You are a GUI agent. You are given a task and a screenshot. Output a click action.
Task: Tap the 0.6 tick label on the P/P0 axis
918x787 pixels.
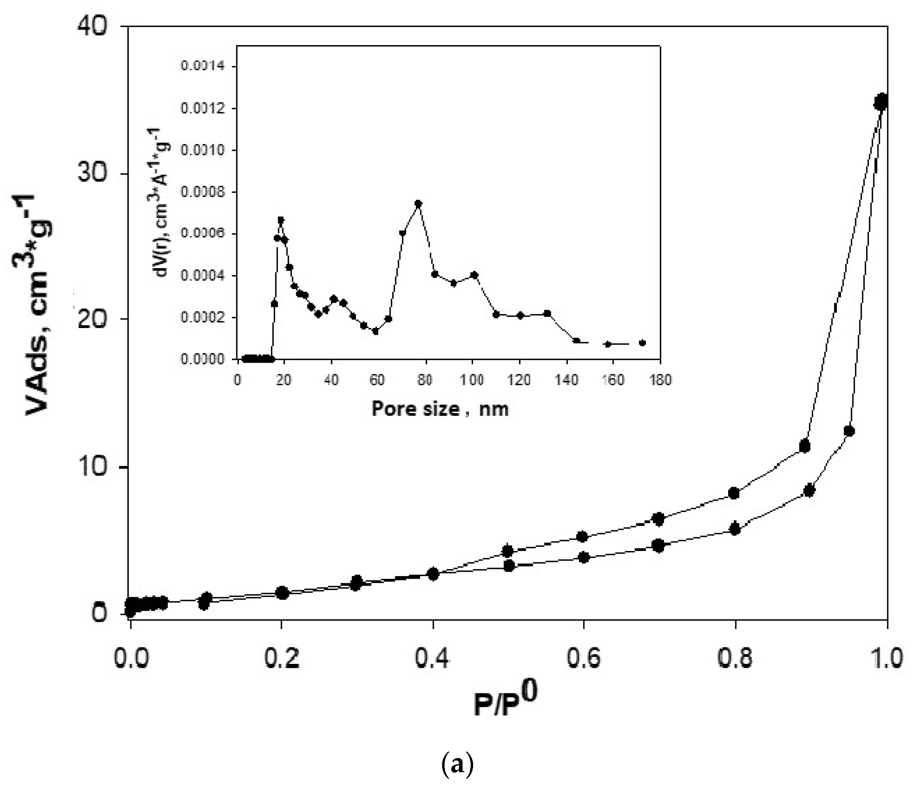click(x=584, y=658)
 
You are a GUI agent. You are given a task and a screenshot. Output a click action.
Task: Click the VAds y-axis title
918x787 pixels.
click(x=38, y=305)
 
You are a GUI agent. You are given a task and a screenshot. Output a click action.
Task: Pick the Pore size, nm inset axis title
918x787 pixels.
click(x=440, y=409)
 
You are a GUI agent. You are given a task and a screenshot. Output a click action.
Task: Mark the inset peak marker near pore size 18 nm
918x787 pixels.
click(x=280, y=220)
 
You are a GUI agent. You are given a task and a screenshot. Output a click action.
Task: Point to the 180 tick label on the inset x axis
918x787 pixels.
click(x=660, y=380)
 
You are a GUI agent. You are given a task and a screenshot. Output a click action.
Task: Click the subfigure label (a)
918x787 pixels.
click(x=458, y=765)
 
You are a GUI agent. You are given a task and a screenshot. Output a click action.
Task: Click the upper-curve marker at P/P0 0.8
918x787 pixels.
click(x=734, y=493)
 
